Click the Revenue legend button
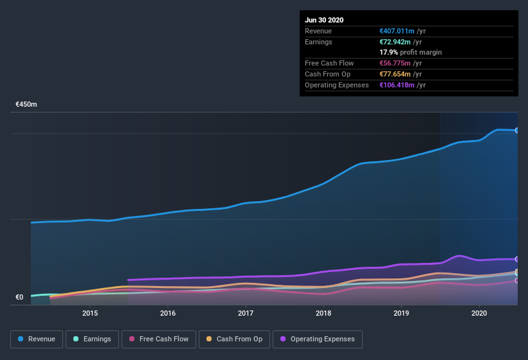click(x=36, y=339)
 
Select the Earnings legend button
click(x=91, y=339)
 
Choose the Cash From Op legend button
click(x=234, y=339)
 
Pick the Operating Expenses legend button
click(x=317, y=339)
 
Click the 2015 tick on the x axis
click(x=90, y=313)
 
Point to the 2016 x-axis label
click(x=168, y=313)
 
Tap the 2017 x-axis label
click(x=246, y=313)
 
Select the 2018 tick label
click(x=323, y=313)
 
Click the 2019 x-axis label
click(x=401, y=313)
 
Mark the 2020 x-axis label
click(x=479, y=313)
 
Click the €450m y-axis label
click(x=26, y=104)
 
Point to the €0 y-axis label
click(x=19, y=297)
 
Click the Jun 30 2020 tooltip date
click(x=324, y=20)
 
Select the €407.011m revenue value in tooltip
click(x=397, y=31)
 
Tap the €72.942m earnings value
click(x=395, y=42)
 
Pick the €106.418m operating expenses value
click(x=397, y=85)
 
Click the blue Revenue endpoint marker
click(x=516, y=130)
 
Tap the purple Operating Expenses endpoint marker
click(x=516, y=259)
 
